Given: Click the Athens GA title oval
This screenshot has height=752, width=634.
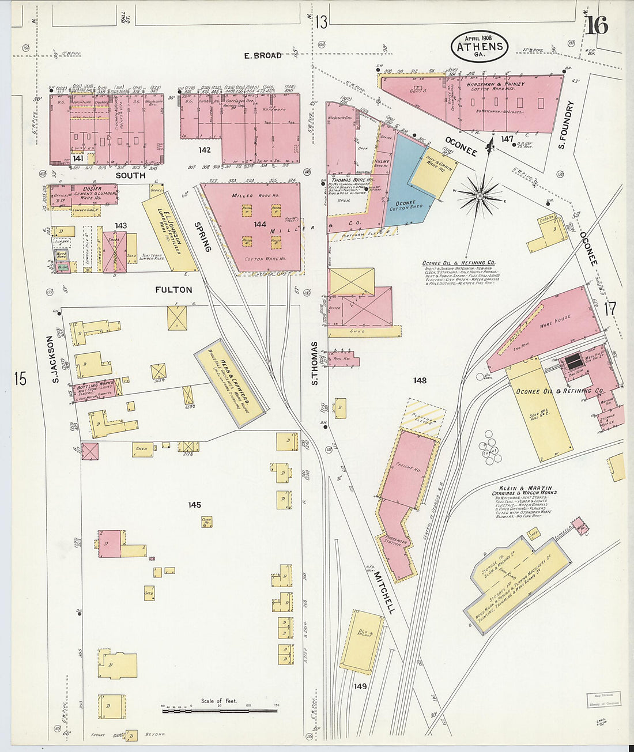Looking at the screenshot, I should (480, 47).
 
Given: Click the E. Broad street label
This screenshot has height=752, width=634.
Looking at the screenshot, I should (262, 55).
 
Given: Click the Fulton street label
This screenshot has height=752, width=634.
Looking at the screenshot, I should (173, 290).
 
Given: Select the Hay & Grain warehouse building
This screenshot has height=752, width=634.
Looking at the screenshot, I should (433, 173).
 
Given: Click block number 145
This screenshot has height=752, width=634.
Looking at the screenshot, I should (194, 505).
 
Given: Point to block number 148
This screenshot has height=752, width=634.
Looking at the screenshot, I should (420, 380).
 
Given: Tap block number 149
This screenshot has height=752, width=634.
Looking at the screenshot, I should (360, 686).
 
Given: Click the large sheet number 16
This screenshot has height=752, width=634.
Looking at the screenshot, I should (597, 26).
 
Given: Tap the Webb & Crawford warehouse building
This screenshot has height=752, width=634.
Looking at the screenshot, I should (231, 383).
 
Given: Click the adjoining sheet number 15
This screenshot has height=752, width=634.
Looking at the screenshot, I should (20, 379).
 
